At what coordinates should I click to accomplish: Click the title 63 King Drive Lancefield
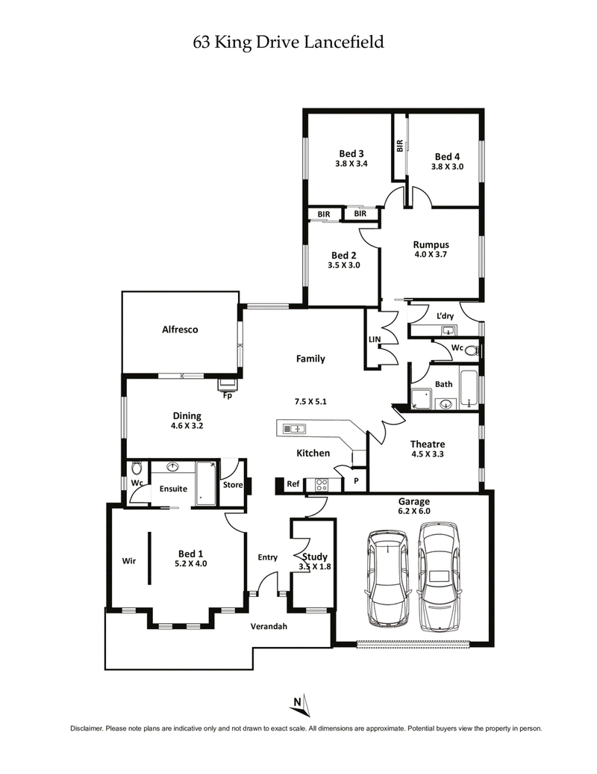pos(288,43)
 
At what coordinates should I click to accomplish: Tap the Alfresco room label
pos(180,329)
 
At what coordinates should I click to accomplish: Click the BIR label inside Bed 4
pos(400,146)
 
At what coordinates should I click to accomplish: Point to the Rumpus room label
pos(430,244)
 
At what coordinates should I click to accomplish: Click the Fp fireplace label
pos(228,396)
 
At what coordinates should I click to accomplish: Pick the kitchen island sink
pos(293,429)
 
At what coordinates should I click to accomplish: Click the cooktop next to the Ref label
pos(322,484)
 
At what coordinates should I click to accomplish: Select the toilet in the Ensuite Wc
pos(137,470)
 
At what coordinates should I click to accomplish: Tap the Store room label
pos(233,484)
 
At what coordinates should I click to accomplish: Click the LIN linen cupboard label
pos(375,340)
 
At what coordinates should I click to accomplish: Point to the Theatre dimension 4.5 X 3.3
pos(428,453)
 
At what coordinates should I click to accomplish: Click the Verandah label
pos(269,626)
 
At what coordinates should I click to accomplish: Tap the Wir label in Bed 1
pos(128,560)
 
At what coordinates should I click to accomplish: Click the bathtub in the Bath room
pos(469,388)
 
